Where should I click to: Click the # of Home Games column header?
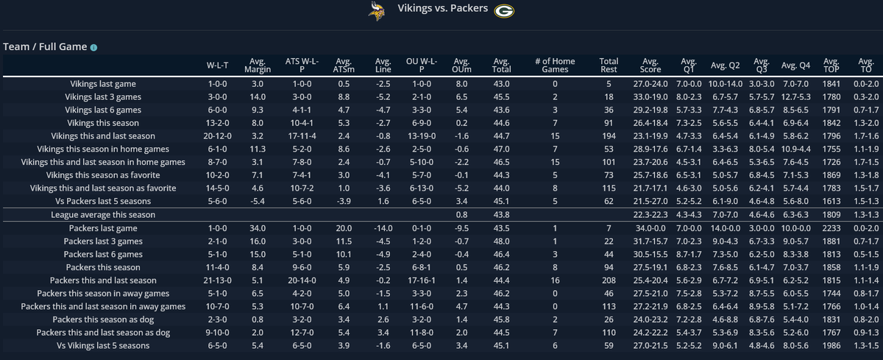(x=556, y=66)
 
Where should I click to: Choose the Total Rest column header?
(x=609, y=66)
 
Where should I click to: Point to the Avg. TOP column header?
(x=831, y=66)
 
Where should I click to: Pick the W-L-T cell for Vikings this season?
(x=218, y=123)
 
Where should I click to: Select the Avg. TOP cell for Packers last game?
(x=831, y=229)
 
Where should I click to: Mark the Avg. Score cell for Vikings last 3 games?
(x=650, y=96)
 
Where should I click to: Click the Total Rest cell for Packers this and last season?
(x=609, y=280)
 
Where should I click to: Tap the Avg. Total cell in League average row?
(x=502, y=214)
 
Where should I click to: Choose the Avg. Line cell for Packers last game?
(x=382, y=229)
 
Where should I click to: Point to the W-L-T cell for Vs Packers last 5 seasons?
(x=218, y=201)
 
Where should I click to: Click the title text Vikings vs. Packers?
(x=441, y=10)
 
